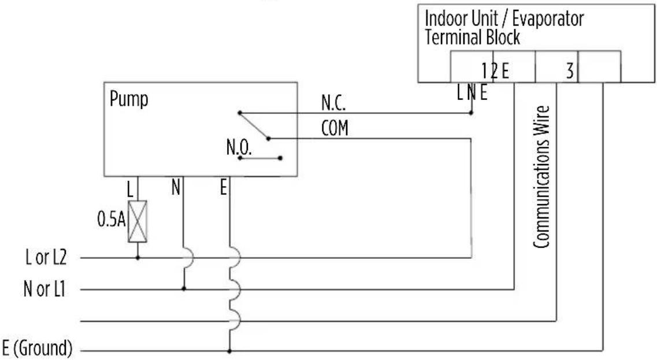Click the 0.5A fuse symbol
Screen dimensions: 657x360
(138, 221)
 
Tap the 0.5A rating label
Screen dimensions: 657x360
(111, 220)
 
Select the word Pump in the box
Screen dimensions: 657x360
(129, 100)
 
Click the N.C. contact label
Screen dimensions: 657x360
(333, 103)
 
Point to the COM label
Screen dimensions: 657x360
(335, 128)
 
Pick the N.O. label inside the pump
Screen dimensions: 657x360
(239, 147)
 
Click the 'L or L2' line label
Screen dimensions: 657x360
(46, 257)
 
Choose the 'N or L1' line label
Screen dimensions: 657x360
(44, 289)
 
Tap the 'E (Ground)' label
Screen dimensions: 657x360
(37, 348)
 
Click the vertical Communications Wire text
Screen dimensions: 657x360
(541, 177)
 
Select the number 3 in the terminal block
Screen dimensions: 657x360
(569, 71)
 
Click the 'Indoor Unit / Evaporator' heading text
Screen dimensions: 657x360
(504, 19)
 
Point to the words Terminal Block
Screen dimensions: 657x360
(472, 38)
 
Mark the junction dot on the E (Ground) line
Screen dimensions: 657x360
(229, 350)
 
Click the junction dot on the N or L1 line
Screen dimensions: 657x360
(184, 289)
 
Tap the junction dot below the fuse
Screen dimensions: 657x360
(138, 258)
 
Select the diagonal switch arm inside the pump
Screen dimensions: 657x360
(254, 125)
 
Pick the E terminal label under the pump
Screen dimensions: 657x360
(223, 187)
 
